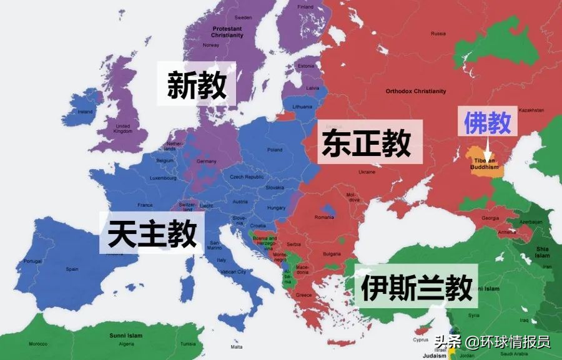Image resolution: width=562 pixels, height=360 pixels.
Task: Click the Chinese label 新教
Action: point(197,84)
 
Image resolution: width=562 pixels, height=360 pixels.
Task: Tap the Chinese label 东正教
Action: point(367,142)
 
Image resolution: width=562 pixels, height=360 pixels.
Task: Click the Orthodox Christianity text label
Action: point(416,91)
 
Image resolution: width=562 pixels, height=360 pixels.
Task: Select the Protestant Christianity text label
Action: point(227,32)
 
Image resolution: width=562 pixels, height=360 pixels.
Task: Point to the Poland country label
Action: point(275,150)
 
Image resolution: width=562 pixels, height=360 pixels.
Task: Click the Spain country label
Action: point(72,269)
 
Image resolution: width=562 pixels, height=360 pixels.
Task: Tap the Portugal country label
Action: point(32,261)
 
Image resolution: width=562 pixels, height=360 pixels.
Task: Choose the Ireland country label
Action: point(85,112)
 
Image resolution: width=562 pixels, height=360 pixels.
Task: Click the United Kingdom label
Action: point(123,128)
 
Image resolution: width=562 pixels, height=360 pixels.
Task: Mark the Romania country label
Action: point(325,217)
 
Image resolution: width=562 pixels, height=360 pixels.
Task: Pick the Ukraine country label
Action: point(367,172)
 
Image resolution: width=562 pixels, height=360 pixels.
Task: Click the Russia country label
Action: point(439,33)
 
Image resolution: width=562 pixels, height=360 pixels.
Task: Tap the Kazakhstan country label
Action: point(531,110)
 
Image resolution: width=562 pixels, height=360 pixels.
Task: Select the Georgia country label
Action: point(489,218)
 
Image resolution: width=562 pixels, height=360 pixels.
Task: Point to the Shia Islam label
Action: point(542,253)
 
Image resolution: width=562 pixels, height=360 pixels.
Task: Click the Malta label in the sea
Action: point(237,346)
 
